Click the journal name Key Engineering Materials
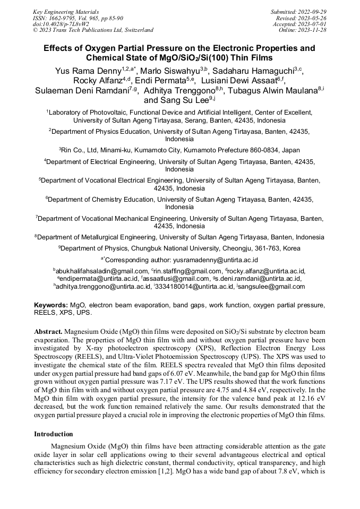pos(65,11)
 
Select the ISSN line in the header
pos(75,18)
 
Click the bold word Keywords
pos(51,305)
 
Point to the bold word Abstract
pos(48,331)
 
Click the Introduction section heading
pos(54,434)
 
